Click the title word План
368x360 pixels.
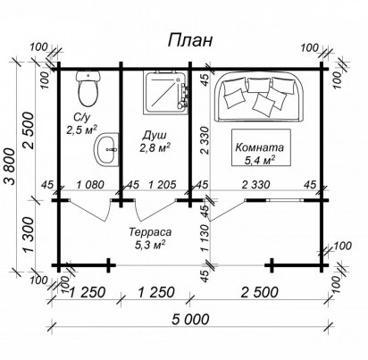[190, 41]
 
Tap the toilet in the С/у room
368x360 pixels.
[88, 88]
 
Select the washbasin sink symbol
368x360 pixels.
[106, 149]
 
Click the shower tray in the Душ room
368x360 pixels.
[166, 93]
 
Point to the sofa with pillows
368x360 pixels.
[258, 96]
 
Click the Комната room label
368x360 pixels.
[259, 147]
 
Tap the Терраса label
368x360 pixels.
[150, 232]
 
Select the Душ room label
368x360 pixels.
[155, 136]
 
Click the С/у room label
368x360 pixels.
[81, 118]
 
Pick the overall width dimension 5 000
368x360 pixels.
[190, 320]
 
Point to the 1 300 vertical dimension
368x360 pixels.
[30, 234]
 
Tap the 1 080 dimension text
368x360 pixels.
[90, 185]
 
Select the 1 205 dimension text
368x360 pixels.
[163, 185]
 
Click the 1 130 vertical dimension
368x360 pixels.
[205, 238]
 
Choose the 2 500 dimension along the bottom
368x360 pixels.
[259, 292]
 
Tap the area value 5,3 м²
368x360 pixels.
[150, 245]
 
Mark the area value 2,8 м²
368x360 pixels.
[155, 147]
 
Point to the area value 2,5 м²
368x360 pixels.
[81, 130]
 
